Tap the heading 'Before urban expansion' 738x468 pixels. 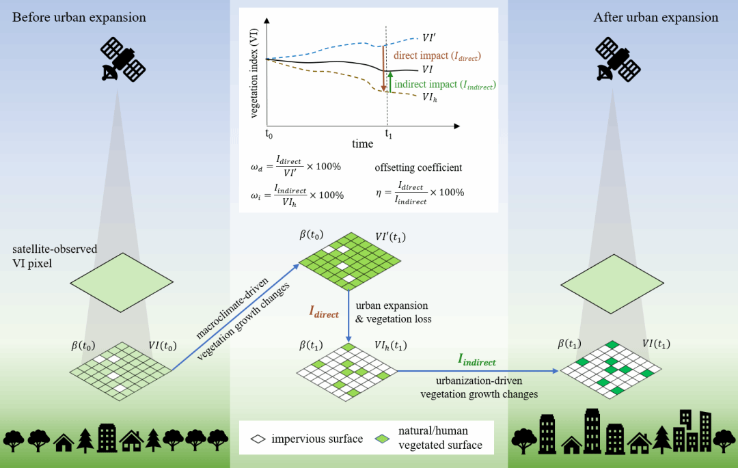click(79, 17)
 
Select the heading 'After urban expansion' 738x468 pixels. click(656, 17)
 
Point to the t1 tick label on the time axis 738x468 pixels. click(388, 134)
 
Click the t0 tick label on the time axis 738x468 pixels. click(269, 134)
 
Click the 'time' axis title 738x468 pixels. click(362, 143)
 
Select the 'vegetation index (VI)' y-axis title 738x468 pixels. click(254, 74)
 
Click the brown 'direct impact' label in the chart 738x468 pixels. click(437, 55)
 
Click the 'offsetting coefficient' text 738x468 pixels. click(419, 167)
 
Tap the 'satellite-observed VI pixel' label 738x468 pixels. click(49, 256)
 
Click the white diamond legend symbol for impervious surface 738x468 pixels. click(258, 439)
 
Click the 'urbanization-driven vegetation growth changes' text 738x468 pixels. click(479, 387)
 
